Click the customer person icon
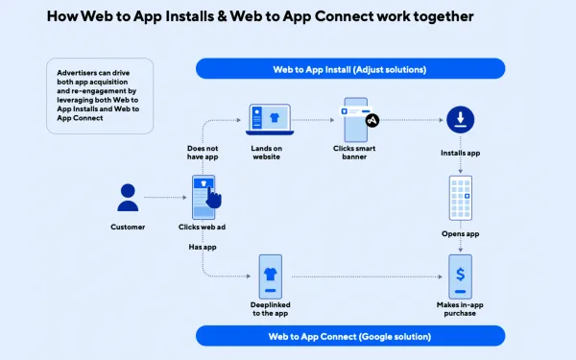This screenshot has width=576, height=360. tap(128, 197)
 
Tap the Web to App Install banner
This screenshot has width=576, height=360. tap(349, 68)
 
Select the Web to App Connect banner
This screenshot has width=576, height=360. tap(349, 336)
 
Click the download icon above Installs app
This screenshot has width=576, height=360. tap(460, 119)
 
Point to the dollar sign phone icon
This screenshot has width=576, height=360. tap(460, 275)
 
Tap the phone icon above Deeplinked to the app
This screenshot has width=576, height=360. tap(271, 275)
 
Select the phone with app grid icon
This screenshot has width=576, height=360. tap(460, 198)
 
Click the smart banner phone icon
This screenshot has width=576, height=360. tap(355, 119)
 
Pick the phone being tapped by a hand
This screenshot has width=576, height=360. tap(204, 196)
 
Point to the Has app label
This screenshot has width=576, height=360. tap(203, 247)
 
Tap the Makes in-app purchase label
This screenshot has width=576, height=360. tap(460, 310)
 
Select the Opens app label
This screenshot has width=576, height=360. tap(460, 233)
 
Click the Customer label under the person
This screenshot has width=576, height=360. tap(128, 228)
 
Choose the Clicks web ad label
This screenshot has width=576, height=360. tap(203, 228)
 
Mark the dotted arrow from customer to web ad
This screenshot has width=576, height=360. tap(165, 197)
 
